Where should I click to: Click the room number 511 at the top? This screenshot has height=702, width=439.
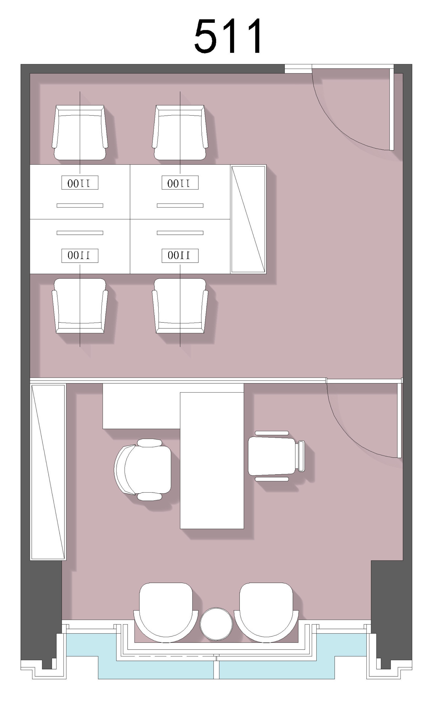pyautogui.click(x=228, y=36)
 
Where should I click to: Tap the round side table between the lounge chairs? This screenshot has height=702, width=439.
pyautogui.click(x=216, y=624)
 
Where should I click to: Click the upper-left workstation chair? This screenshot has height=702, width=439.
pyautogui.click(x=80, y=132)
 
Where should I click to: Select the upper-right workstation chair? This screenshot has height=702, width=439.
pyautogui.click(x=180, y=132)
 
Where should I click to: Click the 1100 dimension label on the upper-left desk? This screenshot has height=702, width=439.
pyautogui.click(x=80, y=183)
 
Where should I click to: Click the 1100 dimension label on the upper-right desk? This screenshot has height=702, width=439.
pyautogui.click(x=180, y=183)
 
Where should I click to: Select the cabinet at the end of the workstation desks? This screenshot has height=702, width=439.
pyautogui.click(x=248, y=219)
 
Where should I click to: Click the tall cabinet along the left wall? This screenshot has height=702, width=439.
pyautogui.click(x=48, y=472)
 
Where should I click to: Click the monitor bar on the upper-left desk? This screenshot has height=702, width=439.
pyautogui.click(x=80, y=205)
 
